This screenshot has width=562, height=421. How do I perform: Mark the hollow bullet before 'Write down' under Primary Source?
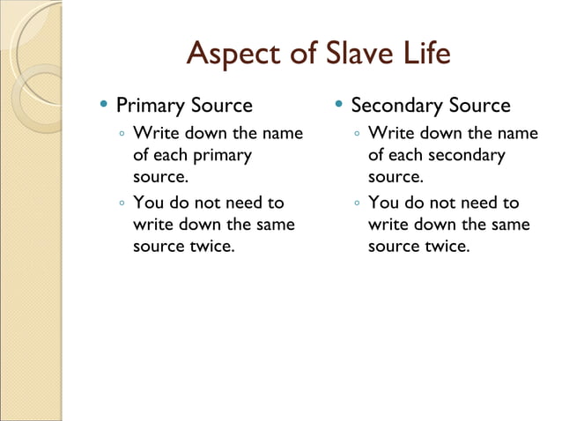pos(122,135)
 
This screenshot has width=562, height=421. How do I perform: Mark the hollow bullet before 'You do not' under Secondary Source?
pos(357,203)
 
